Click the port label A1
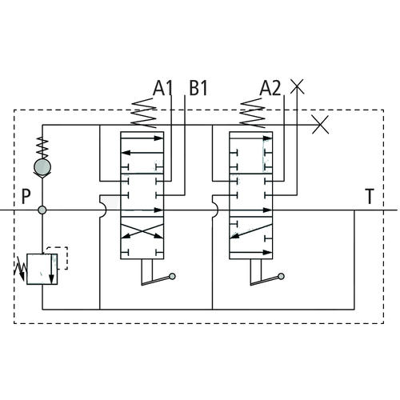[x=162, y=88]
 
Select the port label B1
[x=198, y=88]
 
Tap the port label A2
[x=270, y=88]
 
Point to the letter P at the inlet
[x=26, y=197]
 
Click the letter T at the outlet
[x=370, y=197]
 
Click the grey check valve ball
[x=42, y=167]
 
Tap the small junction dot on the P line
[x=42, y=210]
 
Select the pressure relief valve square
[x=42, y=269]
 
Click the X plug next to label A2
[x=297, y=86]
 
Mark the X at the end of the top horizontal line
[x=320, y=125]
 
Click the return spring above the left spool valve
[x=143, y=113]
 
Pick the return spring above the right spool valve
[x=253, y=113]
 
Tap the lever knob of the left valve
[x=172, y=277]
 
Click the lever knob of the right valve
[x=281, y=277]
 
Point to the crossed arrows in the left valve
[x=142, y=231]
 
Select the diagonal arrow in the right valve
[x=251, y=231]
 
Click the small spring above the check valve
[x=42, y=148]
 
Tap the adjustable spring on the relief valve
[x=21, y=269]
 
